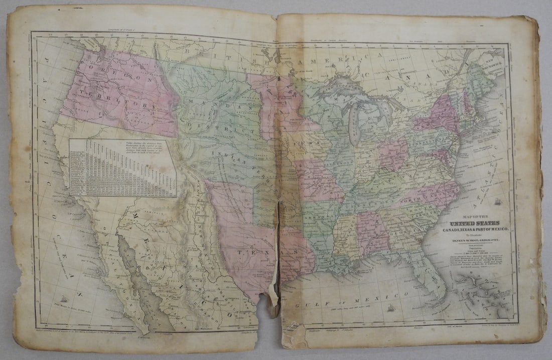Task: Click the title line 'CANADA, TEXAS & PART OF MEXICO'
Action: point(472,230)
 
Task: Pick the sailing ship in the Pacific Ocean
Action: point(64,299)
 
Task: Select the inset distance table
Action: point(123,167)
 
